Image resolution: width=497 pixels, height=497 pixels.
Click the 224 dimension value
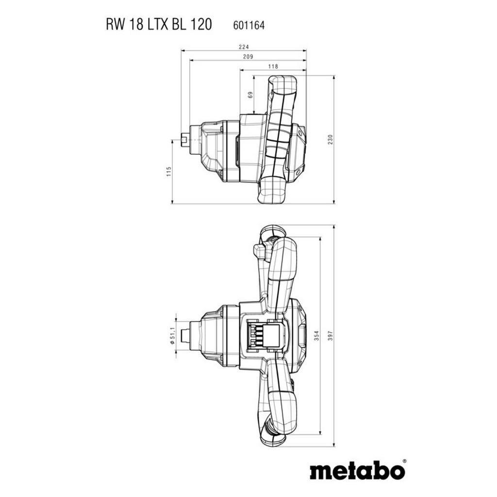click(x=244, y=47)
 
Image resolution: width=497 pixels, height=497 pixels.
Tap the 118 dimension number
click(x=273, y=66)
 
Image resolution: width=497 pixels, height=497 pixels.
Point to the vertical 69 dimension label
click(x=250, y=95)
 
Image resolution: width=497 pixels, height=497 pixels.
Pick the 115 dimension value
click(x=169, y=171)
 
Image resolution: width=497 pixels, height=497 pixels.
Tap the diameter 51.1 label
click(x=172, y=335)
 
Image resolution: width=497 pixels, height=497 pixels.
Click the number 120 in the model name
click(x=201, y=25)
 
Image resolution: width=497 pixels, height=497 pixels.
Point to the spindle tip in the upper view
click(x=185, y=139)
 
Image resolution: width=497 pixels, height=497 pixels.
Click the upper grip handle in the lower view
click(x=282, y=272)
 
